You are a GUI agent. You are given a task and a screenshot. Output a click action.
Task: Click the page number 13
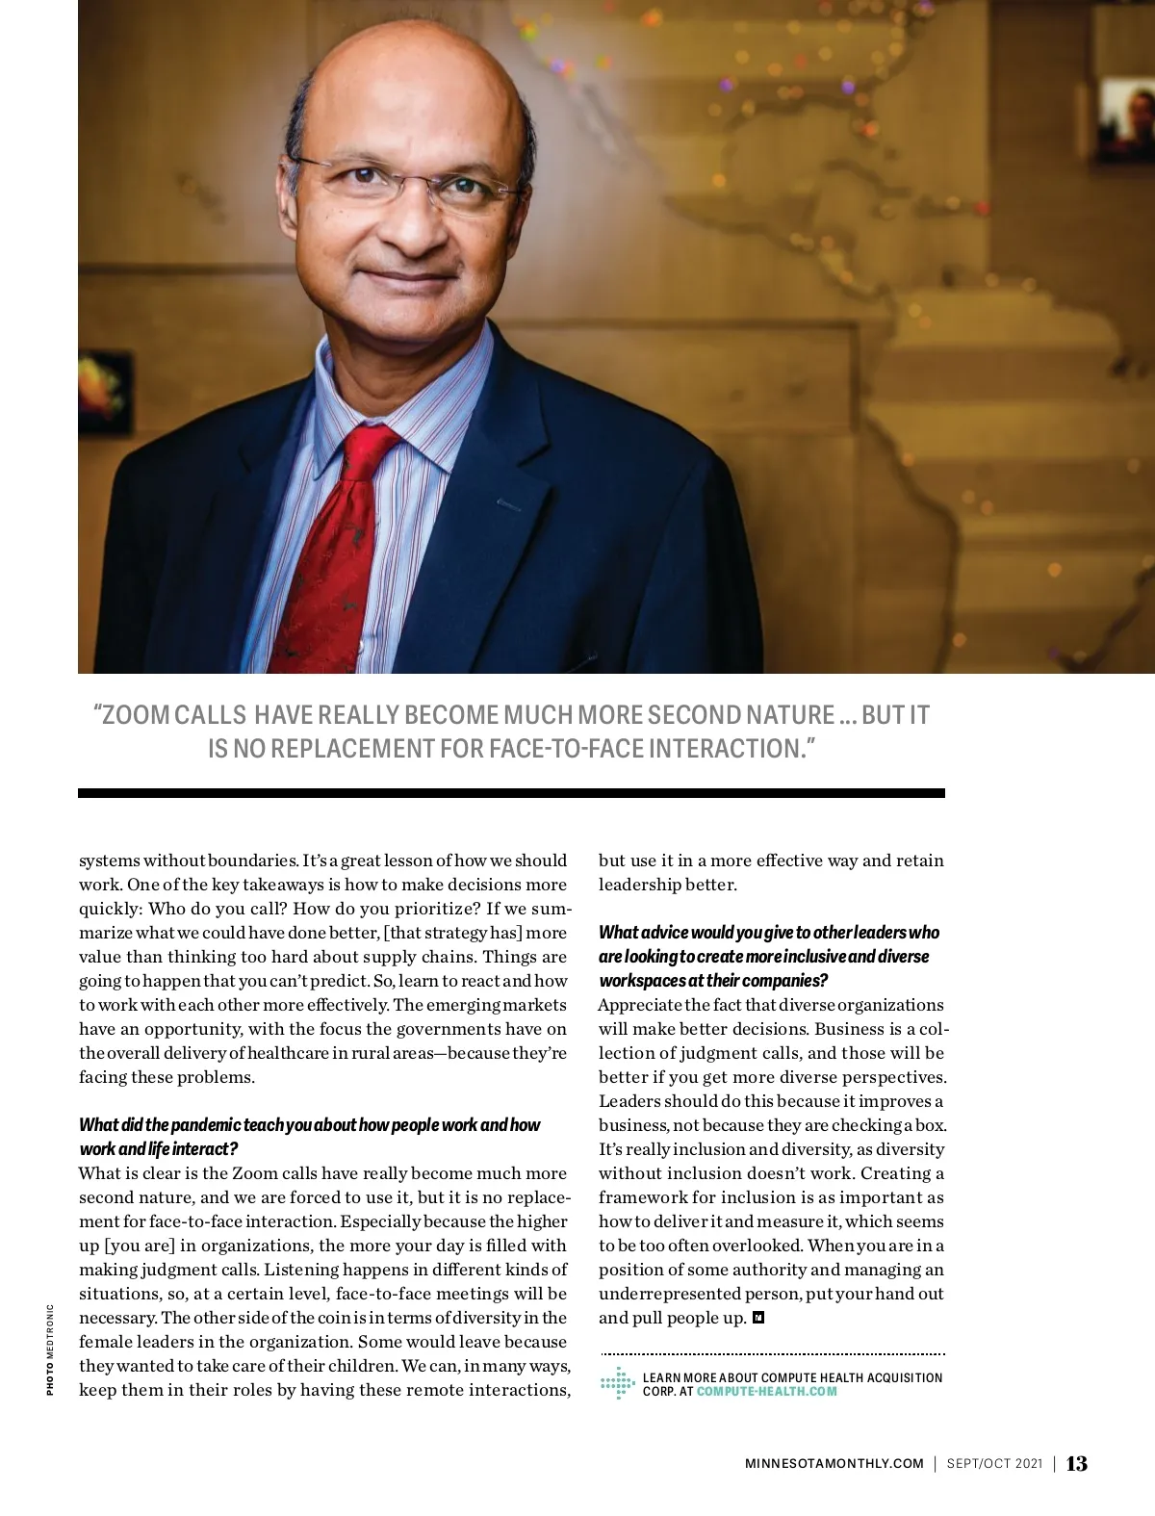[1077, 1464]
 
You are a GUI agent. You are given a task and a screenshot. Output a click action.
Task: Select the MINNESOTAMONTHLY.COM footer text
[834, 1464]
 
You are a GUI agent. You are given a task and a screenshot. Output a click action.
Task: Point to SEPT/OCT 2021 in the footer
[994, 1464]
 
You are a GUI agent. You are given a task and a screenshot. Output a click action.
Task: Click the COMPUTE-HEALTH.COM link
[767, 1392]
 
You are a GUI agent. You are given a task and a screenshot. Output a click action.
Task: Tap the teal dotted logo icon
[617, 1383]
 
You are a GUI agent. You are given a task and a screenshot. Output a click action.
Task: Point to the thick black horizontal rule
[511, 793]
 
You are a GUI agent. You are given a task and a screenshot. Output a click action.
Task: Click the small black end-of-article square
[758, 1318]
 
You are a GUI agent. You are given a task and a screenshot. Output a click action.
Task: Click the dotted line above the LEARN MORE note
[772, 1353]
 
